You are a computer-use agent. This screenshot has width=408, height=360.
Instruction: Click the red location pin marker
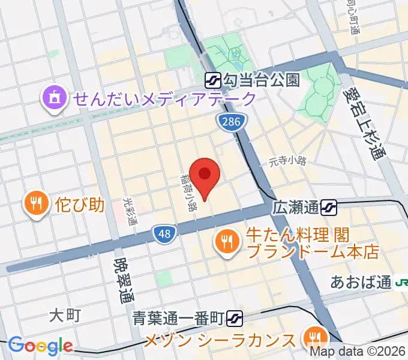pos(205,175)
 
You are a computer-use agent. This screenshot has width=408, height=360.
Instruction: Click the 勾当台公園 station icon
pos(212,79)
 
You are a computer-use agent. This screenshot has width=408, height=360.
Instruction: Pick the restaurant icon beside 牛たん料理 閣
pos(226,241)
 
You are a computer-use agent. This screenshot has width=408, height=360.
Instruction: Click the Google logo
pos(40,346)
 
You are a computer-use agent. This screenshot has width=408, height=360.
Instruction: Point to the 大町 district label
pos(64,314)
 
